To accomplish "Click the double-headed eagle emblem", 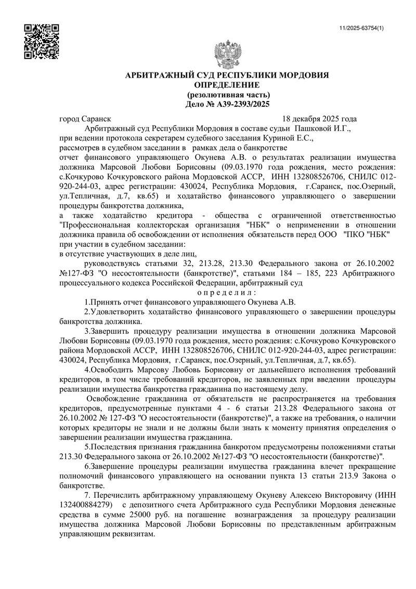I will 227,55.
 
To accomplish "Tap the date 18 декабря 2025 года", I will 320,118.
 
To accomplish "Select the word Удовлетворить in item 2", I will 122,312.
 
